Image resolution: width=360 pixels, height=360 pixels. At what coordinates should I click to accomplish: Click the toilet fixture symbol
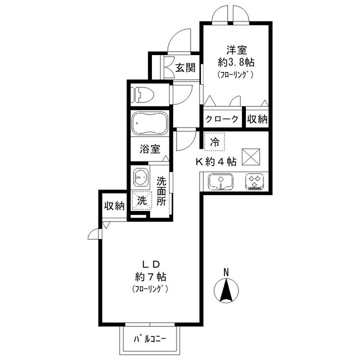(141, 94)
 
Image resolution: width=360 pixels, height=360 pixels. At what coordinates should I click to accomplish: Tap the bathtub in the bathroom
(149, 124)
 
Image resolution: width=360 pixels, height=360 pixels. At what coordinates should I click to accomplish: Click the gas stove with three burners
(254, 181)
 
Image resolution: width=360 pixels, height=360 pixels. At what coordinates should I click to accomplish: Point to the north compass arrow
(226, 291)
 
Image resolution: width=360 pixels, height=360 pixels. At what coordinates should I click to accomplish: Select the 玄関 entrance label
(184, 68)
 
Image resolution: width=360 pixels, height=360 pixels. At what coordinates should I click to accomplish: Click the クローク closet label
(223, 119)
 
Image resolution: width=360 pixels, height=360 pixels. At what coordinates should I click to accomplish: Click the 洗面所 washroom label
(162, 191)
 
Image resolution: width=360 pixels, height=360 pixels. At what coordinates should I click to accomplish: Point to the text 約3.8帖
(236, 61)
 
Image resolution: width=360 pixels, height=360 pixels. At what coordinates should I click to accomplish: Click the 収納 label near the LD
(114, 206)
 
